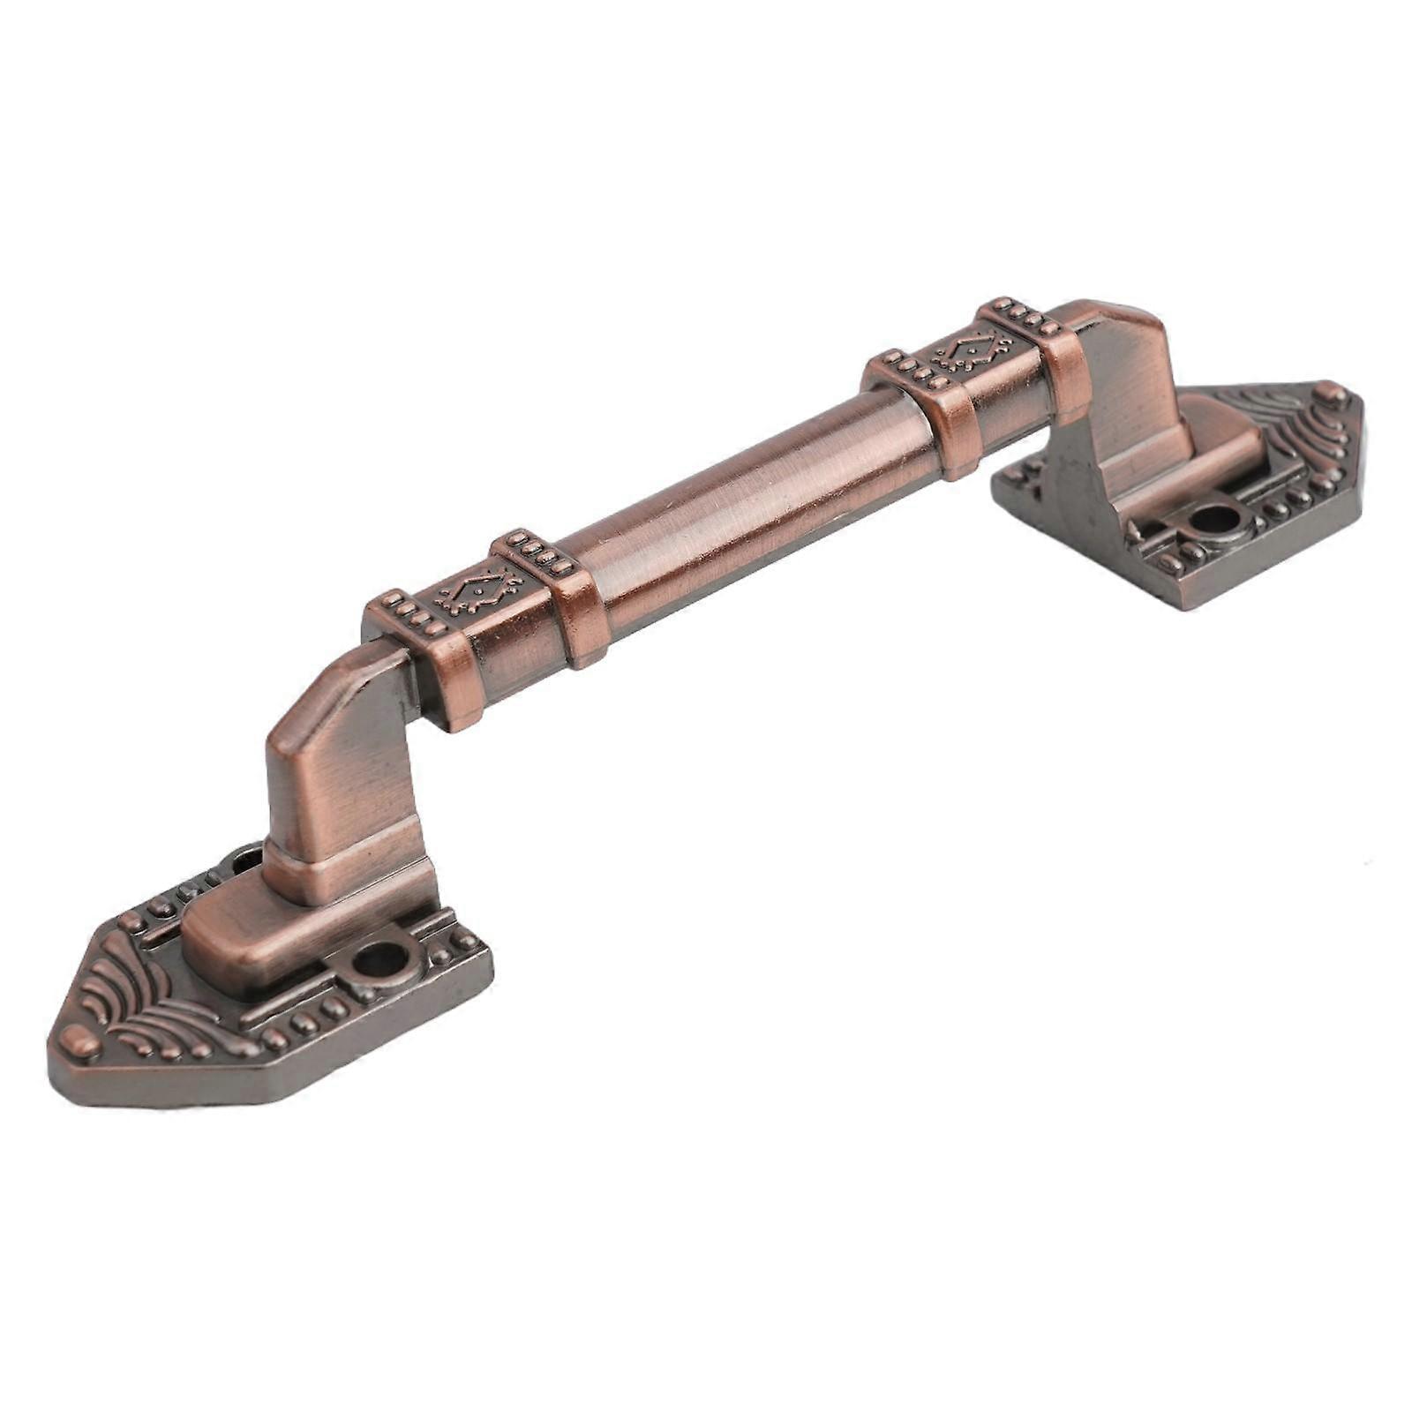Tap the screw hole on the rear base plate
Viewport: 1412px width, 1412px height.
pyautogui.click(x=1214, y=518)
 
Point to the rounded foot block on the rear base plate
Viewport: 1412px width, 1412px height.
pyautogui.click(x=1227, y=441)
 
